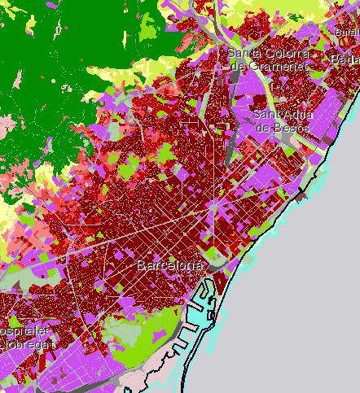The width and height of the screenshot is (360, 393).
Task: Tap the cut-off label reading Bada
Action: point(345,60)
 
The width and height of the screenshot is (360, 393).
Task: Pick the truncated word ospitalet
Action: point(22,332)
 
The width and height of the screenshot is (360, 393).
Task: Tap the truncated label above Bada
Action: point(348,31)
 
